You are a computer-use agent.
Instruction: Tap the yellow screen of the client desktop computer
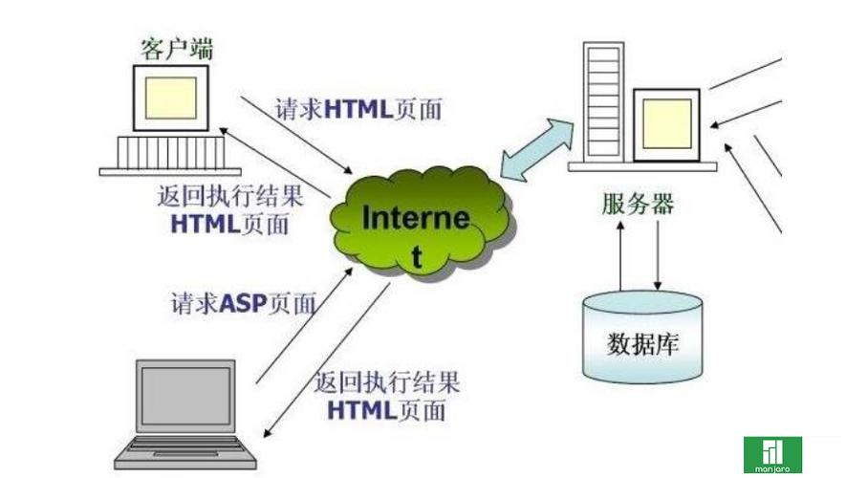click(x=171, y=96)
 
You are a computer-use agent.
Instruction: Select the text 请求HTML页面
click(x=358, y=109)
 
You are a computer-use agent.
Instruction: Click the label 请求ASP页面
click(x=243, y=304)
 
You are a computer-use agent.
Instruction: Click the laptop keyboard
click(x=191, y=450)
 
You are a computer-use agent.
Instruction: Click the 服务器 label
click(x=639, y=204)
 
